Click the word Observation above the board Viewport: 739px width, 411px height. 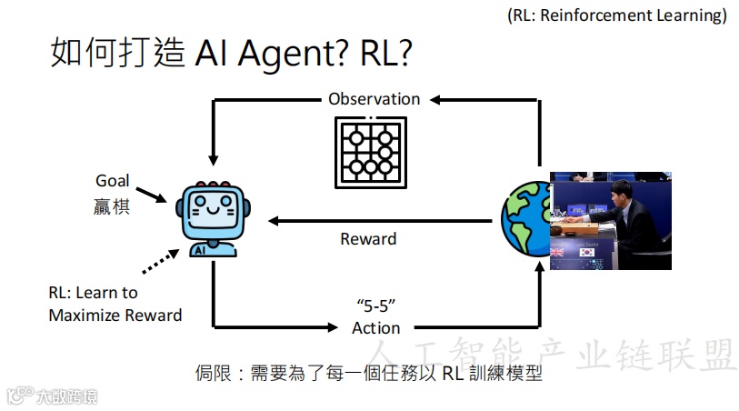tap(374, 99)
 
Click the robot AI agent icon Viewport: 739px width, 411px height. tap(213, 218)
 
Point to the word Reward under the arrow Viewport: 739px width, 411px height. tap(368, 239)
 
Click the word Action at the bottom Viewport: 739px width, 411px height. tap(376, 327)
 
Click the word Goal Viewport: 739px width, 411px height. tap(113, 181)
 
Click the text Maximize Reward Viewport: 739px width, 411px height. tap(115, 316)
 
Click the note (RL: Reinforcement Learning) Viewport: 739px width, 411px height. tap(618, 15)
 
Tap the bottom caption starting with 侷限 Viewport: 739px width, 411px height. tap(368, 373)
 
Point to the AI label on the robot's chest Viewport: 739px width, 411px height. tap(200, 247)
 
